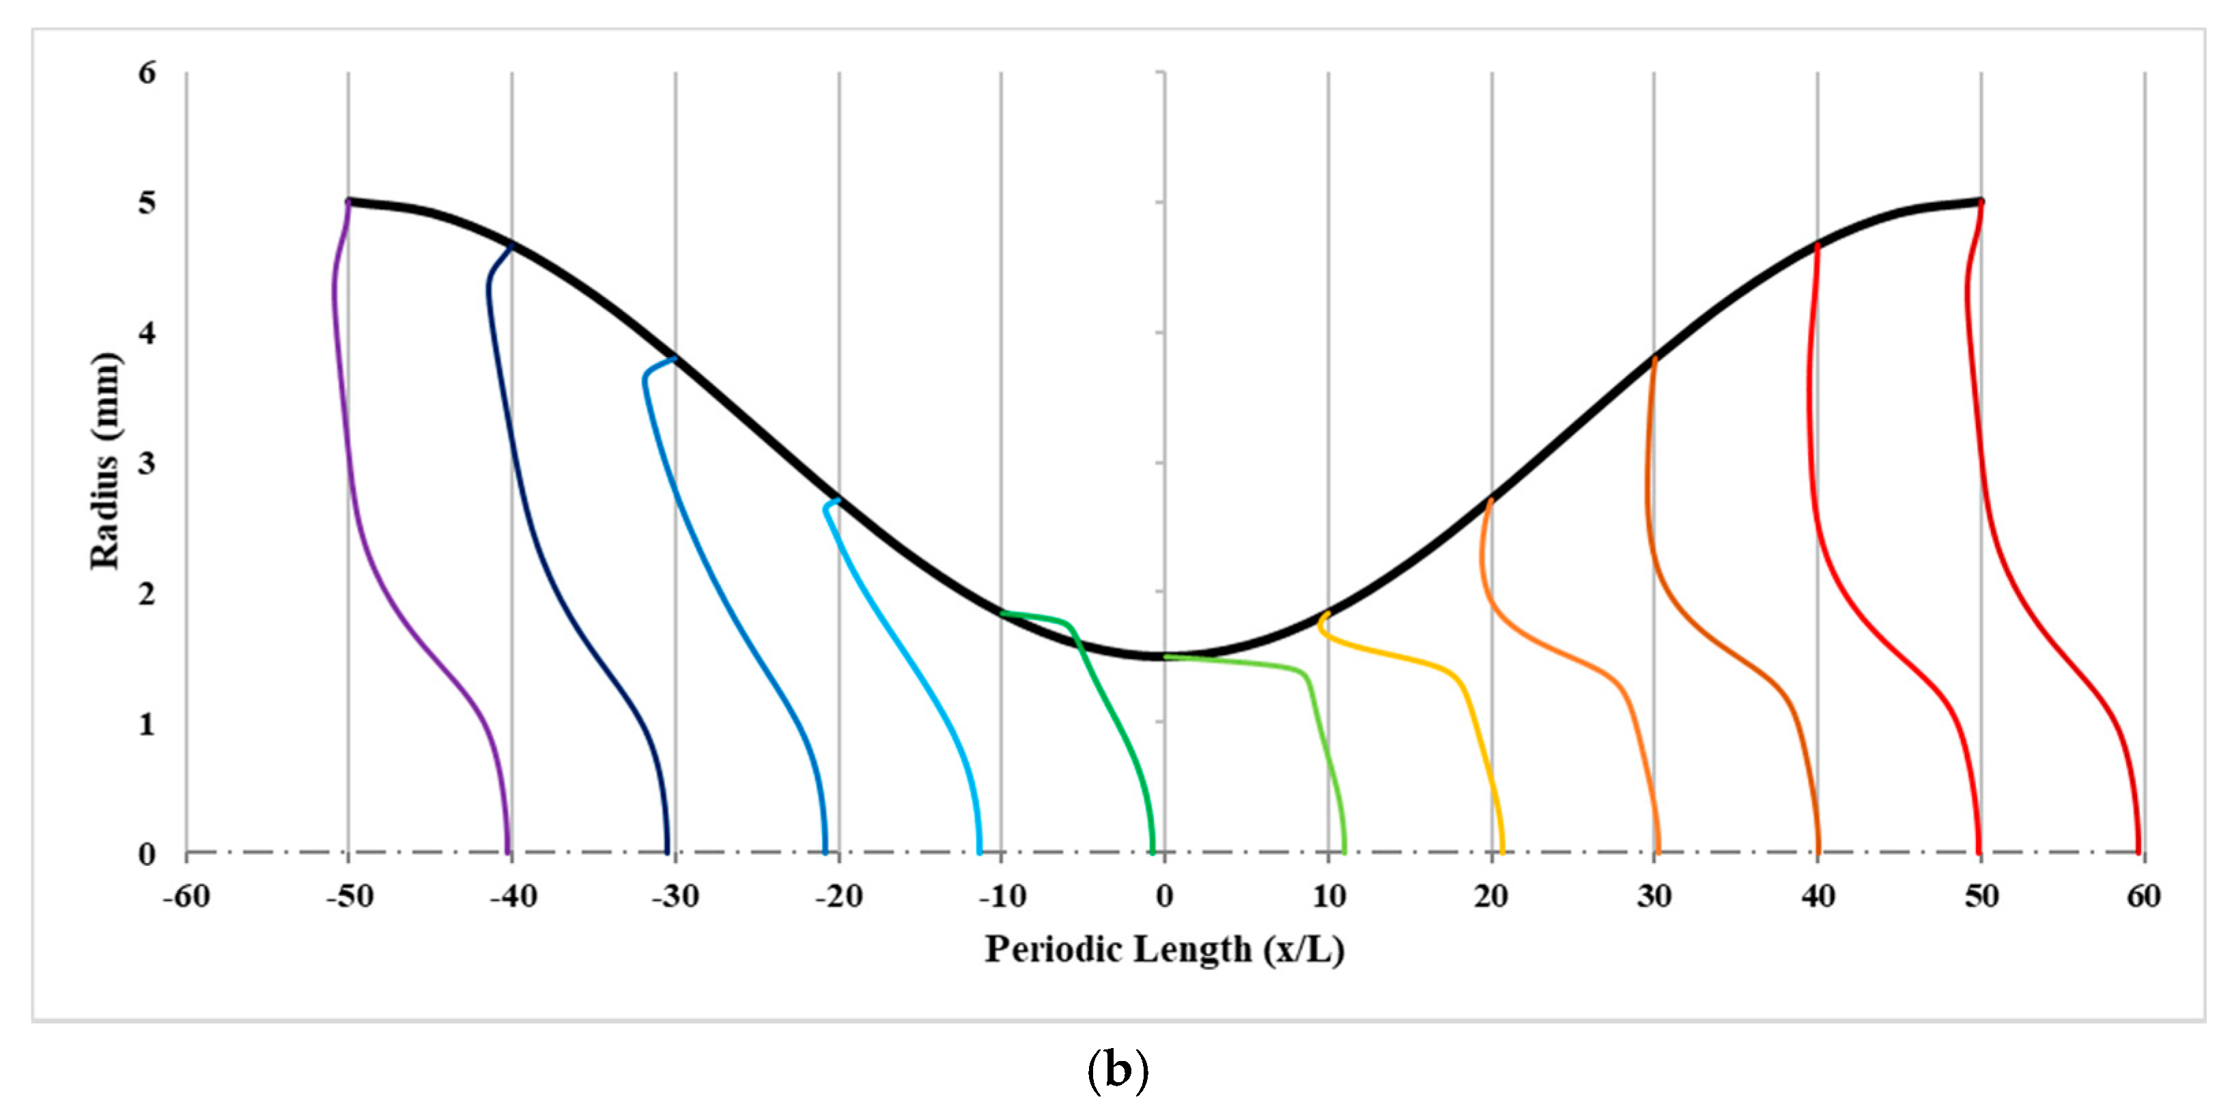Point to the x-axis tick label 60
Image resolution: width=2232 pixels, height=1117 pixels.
[x=2144, y=896]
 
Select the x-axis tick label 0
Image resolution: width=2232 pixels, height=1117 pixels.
[x=1165, y=896]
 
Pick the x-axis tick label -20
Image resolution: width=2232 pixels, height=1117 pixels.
[x=838, y=896]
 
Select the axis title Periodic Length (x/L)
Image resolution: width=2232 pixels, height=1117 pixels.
[x=1165, y=950]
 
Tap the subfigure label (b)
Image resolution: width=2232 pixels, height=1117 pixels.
[x=1117, y=1071]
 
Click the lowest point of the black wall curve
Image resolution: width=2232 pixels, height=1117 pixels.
[x=1165, y=655]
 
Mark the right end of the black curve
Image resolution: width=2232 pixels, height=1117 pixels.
[x=1980, y=202]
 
